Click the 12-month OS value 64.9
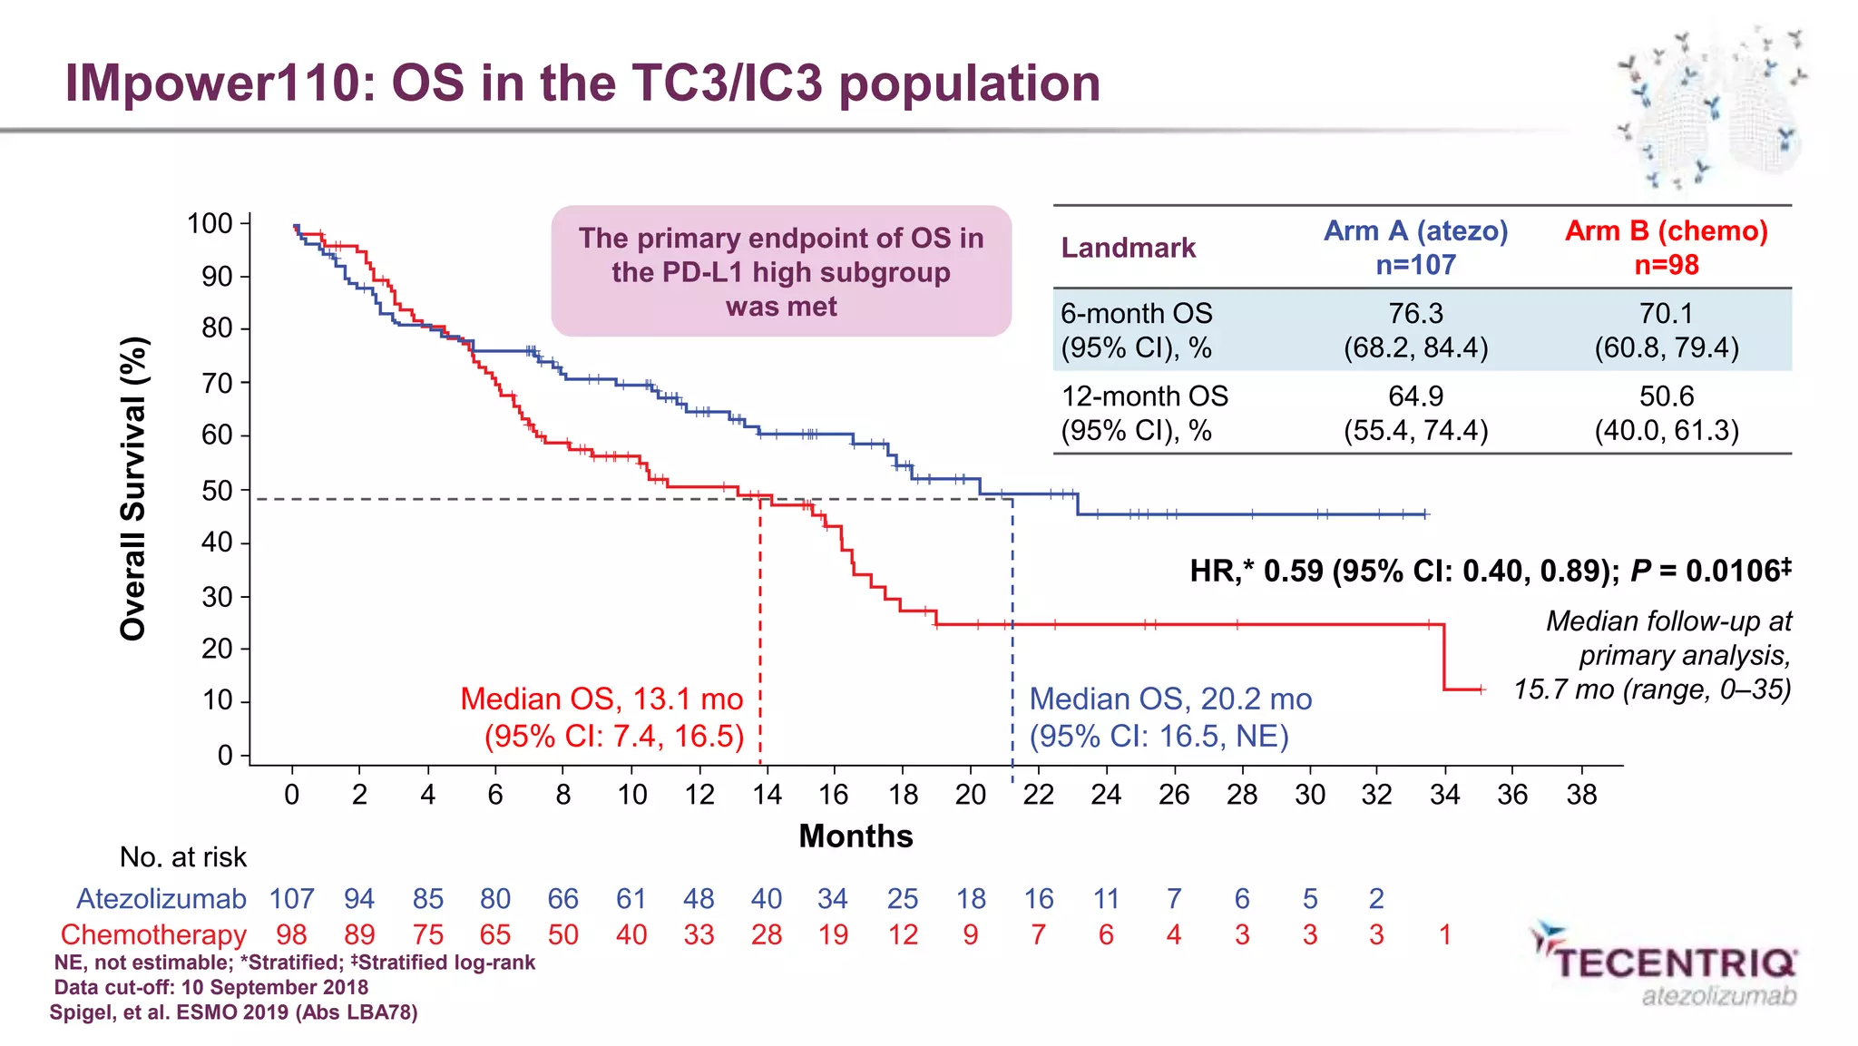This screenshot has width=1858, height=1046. pos(1415,396)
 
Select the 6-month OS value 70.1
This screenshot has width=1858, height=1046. pos(1666,314)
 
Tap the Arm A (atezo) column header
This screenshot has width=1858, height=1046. pos(1415,247)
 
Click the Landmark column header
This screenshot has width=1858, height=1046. pos(1128,248)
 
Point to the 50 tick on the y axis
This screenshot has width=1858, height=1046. pos(218,491)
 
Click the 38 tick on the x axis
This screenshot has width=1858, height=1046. pos(1581,795)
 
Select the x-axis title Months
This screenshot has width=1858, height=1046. pos(856,836)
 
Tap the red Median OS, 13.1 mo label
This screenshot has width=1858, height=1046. pos(601,699)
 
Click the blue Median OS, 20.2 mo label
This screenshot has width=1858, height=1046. pos(1170,699)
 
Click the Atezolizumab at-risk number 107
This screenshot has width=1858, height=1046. pos(291,899)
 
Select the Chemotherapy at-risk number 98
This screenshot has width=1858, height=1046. pos(291,935)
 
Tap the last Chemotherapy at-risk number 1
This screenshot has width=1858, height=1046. pos(1445,935)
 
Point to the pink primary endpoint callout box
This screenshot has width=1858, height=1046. pos(781,271)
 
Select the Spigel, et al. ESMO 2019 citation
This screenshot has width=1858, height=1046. pos(233,1012)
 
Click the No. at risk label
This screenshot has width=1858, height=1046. pos(182,857)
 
